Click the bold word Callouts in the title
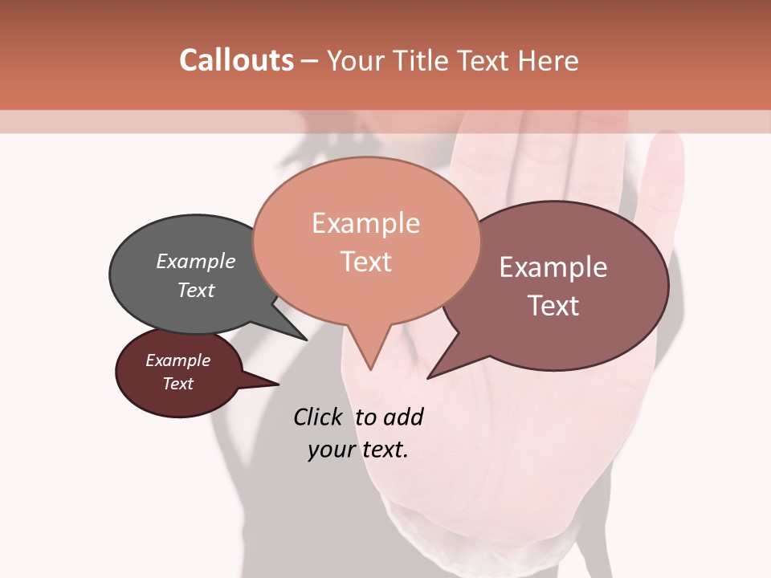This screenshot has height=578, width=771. (236, 60)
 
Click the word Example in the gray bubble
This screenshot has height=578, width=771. (196, 261)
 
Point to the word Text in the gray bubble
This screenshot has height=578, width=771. (196, 290)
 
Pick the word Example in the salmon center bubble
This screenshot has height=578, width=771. (365, 223)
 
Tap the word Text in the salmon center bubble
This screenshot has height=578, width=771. (365, 262)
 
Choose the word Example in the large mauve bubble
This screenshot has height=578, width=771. (553, 267)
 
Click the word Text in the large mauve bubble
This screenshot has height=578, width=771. (553, 305)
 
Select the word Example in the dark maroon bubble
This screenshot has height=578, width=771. (177, 360)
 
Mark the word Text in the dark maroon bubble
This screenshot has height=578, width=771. (177, 384)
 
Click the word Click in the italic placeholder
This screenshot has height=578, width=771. (318, 417)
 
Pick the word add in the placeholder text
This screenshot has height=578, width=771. (403, 417)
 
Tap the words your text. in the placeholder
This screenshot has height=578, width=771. (358, 450)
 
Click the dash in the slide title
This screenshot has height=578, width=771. (311, 60)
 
